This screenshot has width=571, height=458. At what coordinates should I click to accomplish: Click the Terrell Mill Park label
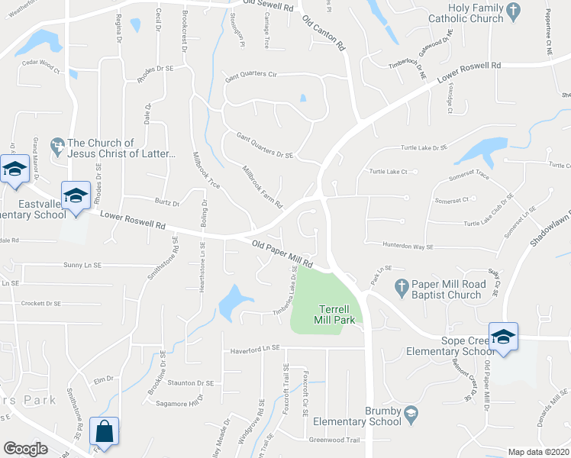(x=336, y=314)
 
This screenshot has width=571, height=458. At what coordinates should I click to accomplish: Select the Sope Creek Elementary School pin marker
(x=503, y=337)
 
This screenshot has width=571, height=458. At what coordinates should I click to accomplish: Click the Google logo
(x=25, y=449)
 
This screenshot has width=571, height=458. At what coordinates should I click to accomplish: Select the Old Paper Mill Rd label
(x=282, y=253)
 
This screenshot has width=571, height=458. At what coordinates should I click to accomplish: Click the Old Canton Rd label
(x=324, y=34)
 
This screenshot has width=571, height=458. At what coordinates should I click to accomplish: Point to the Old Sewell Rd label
(x=268, y=5)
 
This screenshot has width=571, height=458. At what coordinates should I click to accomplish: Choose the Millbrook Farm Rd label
(x=263, y=188)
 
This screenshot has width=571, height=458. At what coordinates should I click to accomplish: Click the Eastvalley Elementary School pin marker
(x=76, y=197)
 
